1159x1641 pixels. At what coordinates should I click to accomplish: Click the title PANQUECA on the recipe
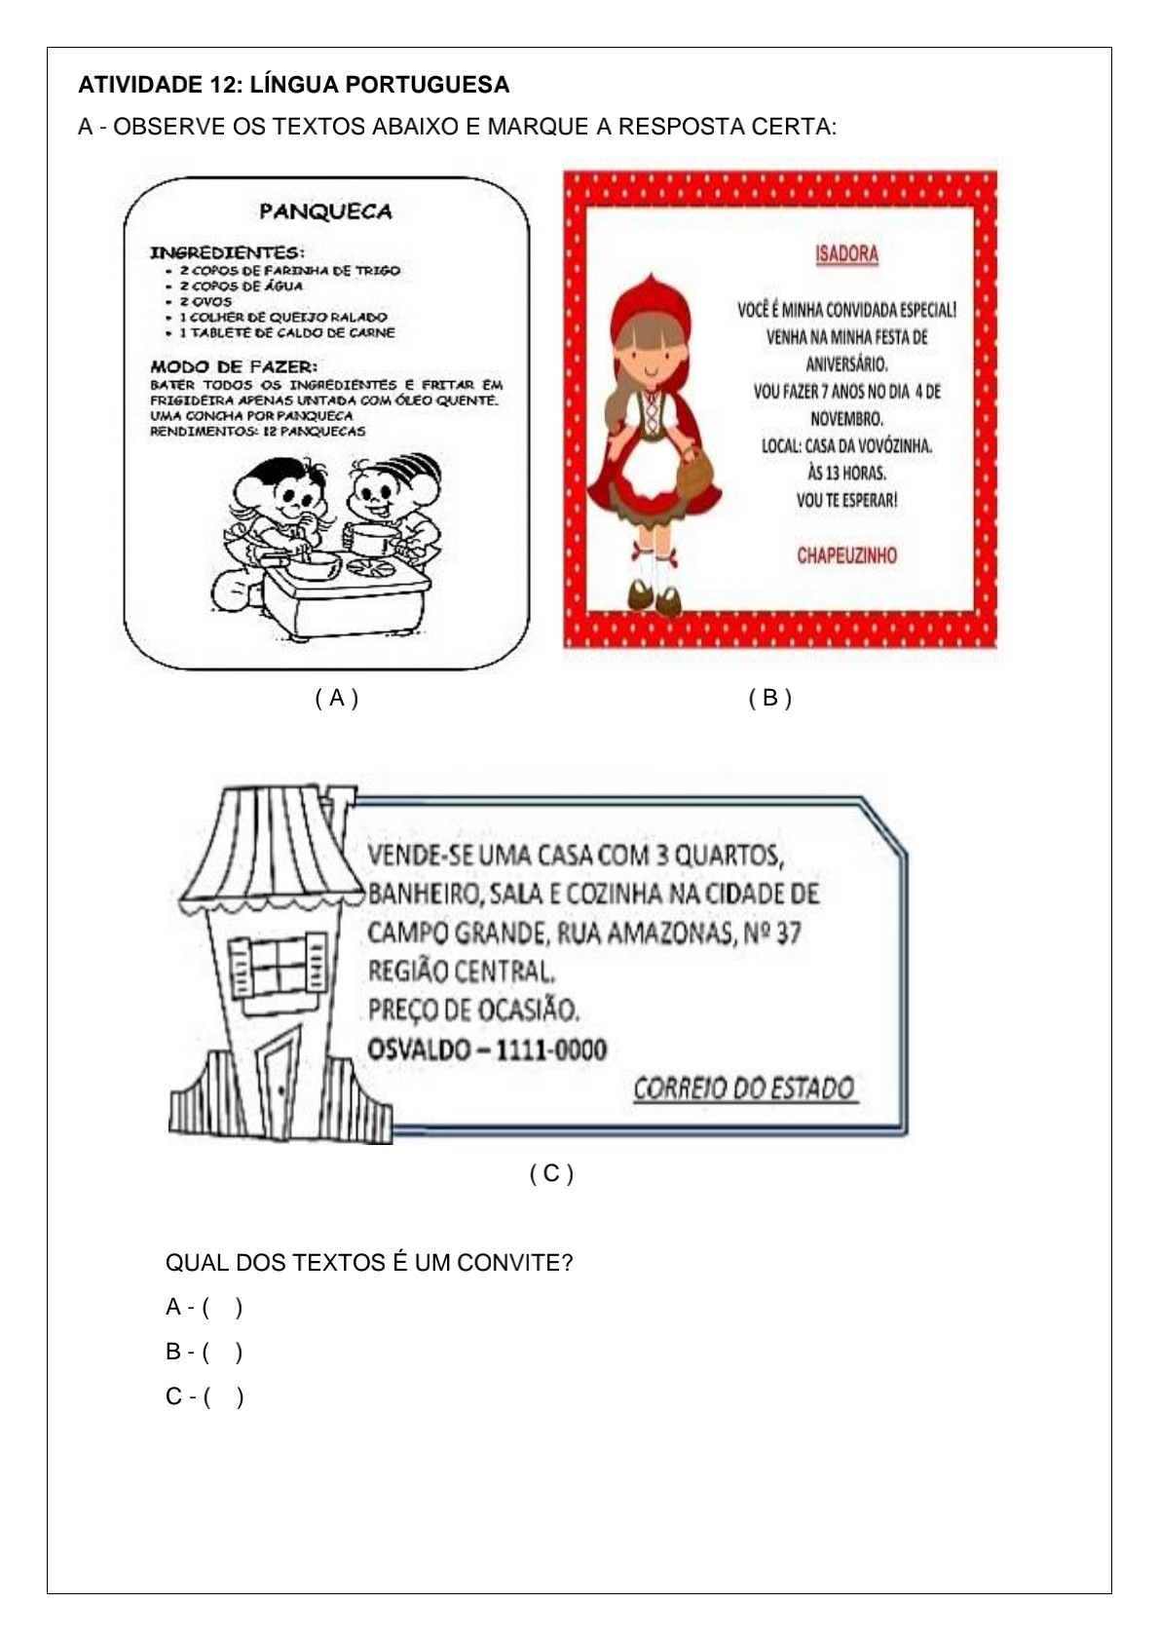[326, 211]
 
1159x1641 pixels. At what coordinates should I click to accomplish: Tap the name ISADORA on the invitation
[846, 254]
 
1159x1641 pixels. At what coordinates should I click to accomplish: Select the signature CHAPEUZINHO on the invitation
[846, 555]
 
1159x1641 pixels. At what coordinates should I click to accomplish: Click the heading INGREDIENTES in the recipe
[227, 252]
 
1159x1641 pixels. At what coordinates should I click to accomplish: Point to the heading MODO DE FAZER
[234, 366]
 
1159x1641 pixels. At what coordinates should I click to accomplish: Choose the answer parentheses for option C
[223, 1397]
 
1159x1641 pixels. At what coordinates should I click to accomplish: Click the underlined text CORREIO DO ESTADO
[743, 1088]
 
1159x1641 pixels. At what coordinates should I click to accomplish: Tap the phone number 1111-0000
[551, 1049]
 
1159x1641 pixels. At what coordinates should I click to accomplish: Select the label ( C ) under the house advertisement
[551, 1173]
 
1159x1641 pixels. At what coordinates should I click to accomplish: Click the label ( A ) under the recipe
[337, 698]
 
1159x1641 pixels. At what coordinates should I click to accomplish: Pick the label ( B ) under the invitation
[770, 698]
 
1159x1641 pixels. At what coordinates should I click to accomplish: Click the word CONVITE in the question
[515, 1262]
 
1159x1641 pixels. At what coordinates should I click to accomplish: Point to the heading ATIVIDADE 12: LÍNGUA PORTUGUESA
[293, 85]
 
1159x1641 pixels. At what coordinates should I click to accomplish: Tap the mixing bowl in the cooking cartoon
[314, 565]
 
